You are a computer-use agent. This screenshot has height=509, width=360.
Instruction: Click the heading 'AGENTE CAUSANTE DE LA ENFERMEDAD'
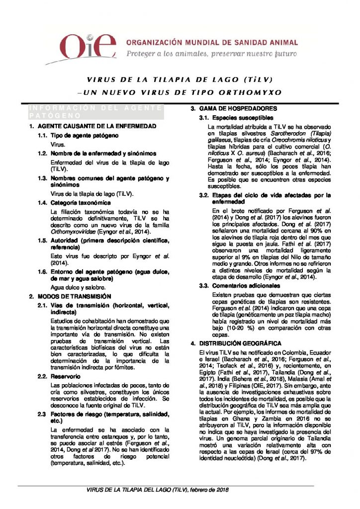point(97,126)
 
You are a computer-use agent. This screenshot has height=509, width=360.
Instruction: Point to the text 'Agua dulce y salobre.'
point(78,287)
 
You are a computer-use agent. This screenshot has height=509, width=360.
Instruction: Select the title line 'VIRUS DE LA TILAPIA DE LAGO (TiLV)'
point(180,80)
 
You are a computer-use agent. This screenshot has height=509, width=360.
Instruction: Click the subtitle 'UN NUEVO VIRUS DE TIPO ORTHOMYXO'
point(183,92)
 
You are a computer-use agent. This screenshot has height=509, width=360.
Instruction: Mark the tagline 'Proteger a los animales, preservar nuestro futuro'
point(211,54)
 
